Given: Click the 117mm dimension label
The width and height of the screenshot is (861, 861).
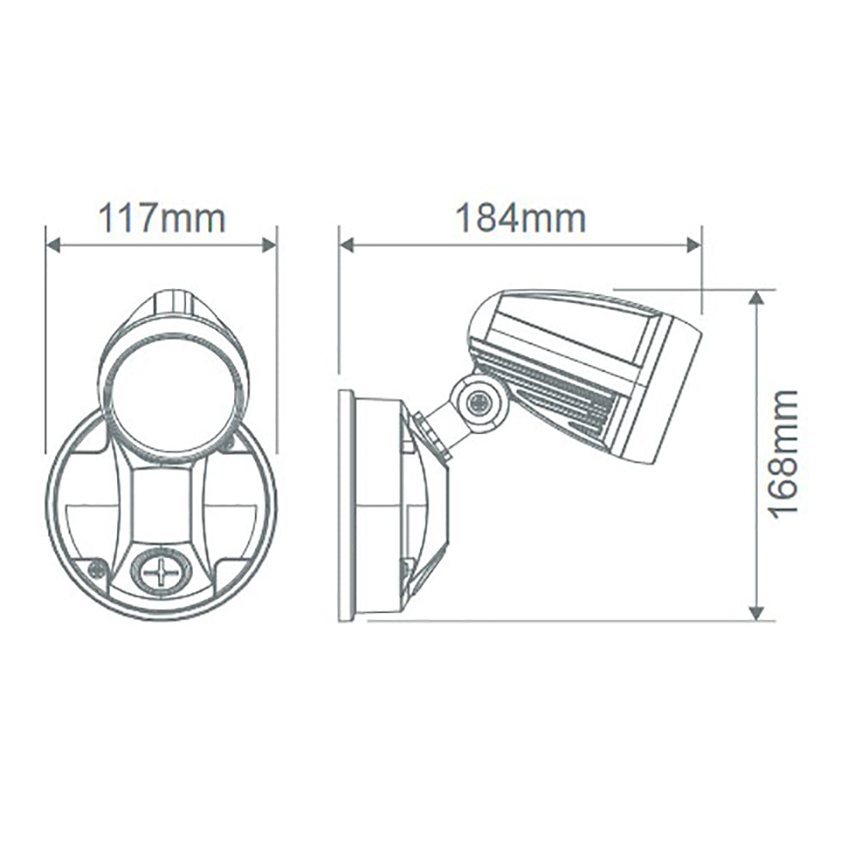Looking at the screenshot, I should (x=161, y=219).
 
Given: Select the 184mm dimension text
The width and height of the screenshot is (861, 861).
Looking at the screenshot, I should (x=520, y=219).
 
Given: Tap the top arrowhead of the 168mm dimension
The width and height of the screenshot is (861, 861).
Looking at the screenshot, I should (x=756, y=297).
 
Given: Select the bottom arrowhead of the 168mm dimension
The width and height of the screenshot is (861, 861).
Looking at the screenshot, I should (x=756, y=612).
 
